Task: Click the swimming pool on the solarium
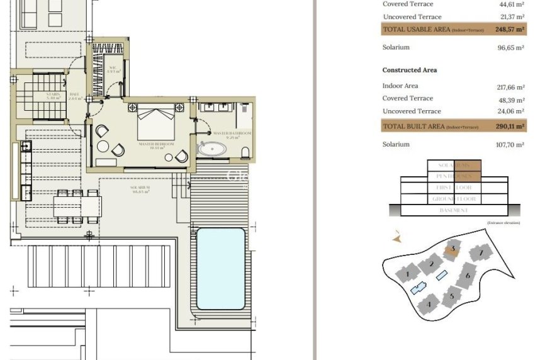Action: click(220, 268)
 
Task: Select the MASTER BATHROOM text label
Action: click(232, 134)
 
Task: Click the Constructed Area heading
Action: click(409, 70)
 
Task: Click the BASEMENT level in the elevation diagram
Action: click(453, 210)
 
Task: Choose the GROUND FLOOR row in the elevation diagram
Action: click(453, 199)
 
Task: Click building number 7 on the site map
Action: click(481, 253)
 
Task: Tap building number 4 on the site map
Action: click(429, 305)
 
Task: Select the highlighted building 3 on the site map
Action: click(451, 250)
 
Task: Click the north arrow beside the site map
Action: click(397, 238)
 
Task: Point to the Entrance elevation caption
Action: click(504, 223)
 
